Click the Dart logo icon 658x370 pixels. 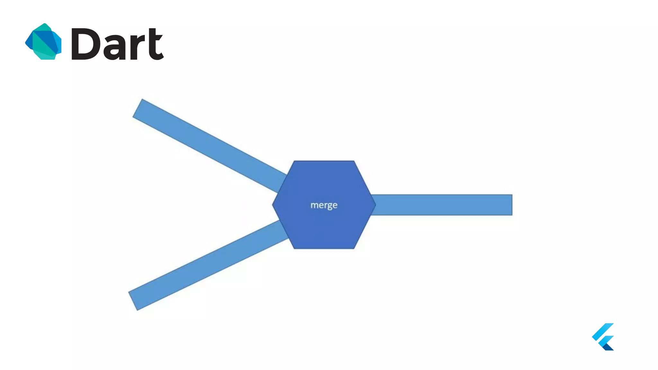tap(43, 41)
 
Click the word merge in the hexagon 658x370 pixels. tap(324, 205)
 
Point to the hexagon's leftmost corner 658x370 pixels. tap(273, 205)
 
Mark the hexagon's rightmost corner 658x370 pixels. tap(375, 205)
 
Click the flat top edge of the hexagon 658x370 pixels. tap(324, 162)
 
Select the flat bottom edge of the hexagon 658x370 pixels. tap(324, 248)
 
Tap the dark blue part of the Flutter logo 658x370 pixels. tap(608, 347)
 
